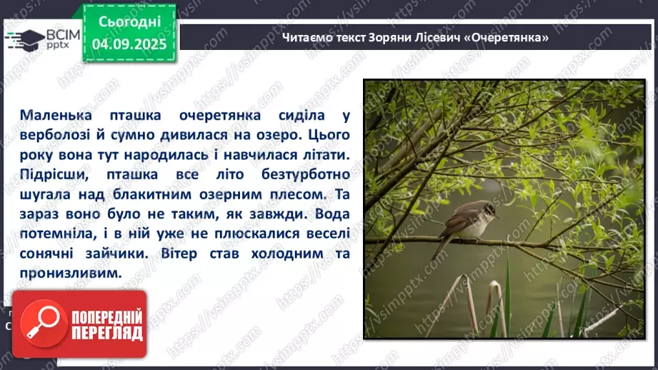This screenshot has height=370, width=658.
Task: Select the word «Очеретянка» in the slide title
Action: click(x=513, y=37)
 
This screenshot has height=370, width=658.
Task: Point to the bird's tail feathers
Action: click(x=442, y=247)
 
